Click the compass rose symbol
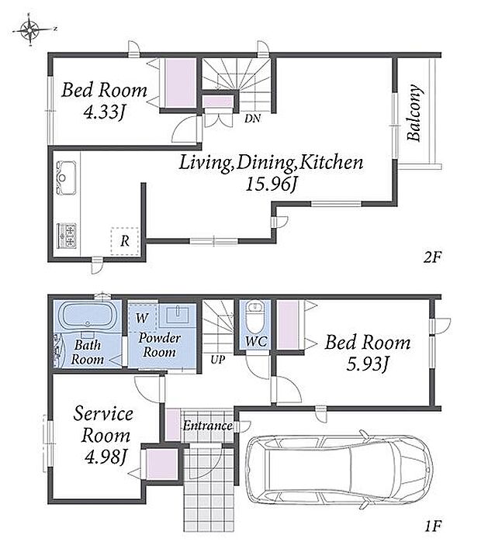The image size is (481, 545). click(30, 30)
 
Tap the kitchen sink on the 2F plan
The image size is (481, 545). click(66, 178)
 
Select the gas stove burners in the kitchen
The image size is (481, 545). click(67, 236)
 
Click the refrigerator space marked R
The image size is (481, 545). click(125, 241)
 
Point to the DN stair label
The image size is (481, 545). click(252, 119)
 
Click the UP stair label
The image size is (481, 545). click(218, 360)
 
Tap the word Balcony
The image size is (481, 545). click(415, 112)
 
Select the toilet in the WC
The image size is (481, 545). click(255, 318)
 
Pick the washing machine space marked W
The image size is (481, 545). click(142, 318)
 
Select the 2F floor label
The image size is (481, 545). click(432, 257)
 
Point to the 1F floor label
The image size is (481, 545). click(433, 526)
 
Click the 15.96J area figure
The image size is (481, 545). click(271, 185)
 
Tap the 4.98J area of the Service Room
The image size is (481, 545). click(105, 457)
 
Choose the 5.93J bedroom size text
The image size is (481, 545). click(367, 364)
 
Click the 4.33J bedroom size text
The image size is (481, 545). click(104, 112)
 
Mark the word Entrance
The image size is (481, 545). click(208, 426)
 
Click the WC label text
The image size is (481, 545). click(256, 341)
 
